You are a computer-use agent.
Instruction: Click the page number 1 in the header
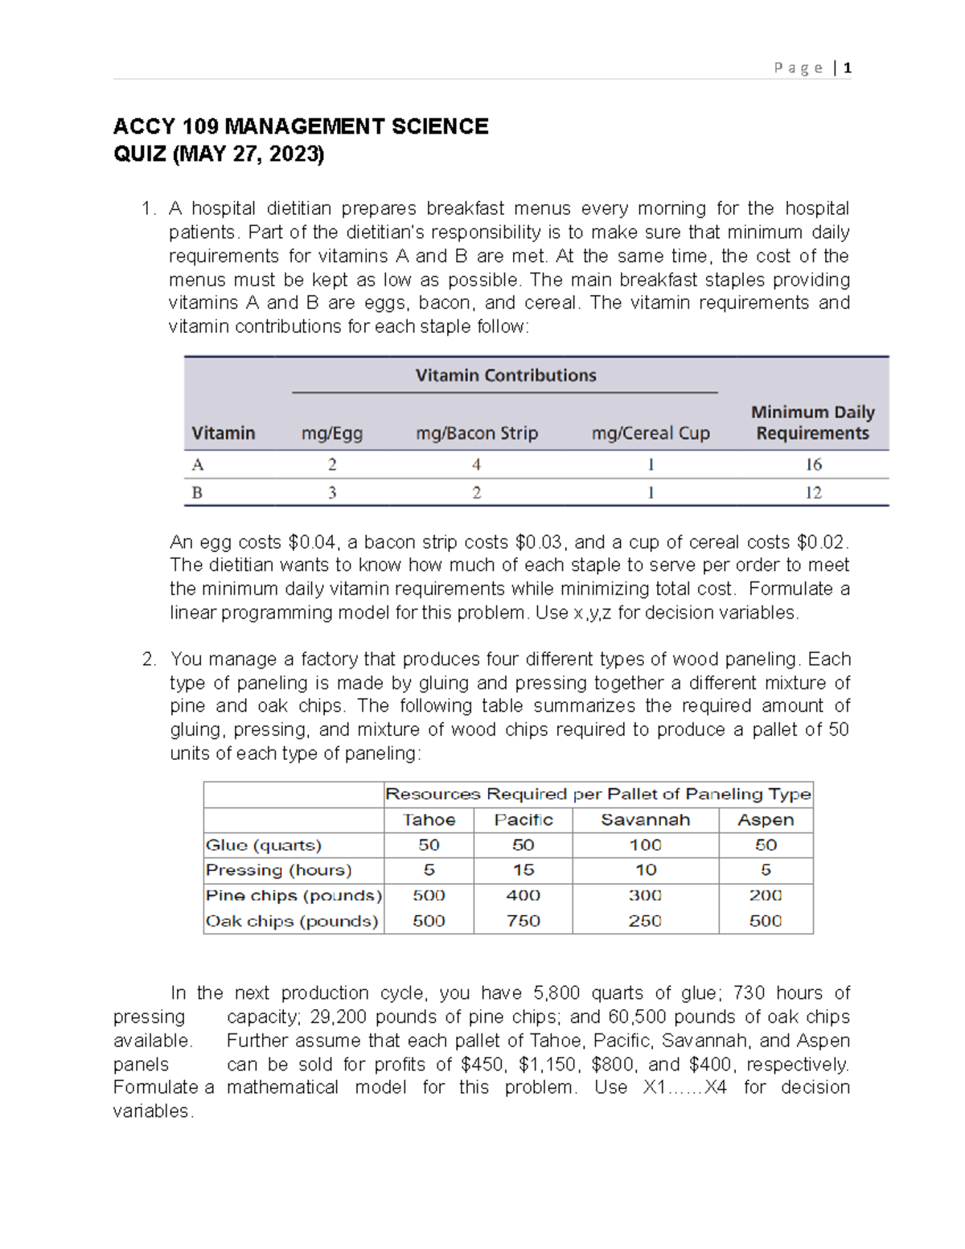click(x=848, y=68)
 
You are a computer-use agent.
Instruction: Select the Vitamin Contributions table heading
click(x=505, y=376)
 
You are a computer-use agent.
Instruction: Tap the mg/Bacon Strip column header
click(x=476, y=433)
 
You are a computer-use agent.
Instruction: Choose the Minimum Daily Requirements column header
click(x=812, y=423)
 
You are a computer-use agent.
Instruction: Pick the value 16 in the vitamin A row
click(x=813, y=465)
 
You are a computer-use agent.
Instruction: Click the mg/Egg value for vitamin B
click(x=331, y=493)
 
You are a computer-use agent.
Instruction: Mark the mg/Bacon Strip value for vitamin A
click(x=476, y=465)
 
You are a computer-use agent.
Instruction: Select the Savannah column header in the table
click(x=645, y=820)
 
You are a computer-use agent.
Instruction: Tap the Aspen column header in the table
click(x=765, y=820)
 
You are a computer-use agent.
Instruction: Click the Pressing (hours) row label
click(x=278, y=870)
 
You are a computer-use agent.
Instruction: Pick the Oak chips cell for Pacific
click(x=523, y=921)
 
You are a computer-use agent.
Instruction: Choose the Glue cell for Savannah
click(x=645, y=845)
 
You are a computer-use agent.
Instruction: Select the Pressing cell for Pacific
click(x=523, y=870)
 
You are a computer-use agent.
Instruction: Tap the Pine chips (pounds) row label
click(x=294, y=896)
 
